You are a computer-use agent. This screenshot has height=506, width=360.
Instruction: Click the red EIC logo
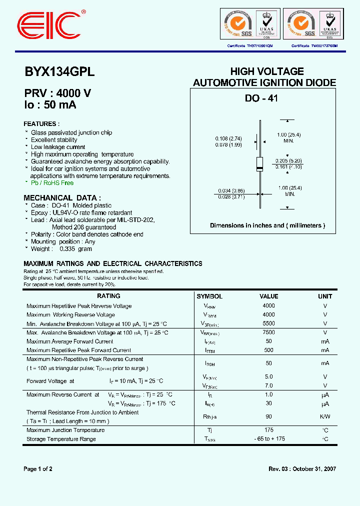pyautogui.click(x=49, y=23)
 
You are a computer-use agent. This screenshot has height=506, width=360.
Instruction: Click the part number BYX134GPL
pyautogui.click(x=59, y=72)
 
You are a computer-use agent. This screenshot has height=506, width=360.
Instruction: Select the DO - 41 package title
pyautogui.click(x=261, y=98)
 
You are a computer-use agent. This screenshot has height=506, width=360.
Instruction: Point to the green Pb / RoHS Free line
pyautogui.click(x=52, y=183)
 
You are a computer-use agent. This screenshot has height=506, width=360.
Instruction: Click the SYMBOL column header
pyautogui.click(x=209, y=296)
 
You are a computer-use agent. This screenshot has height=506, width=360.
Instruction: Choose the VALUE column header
pyautogui.click(x=268, y=296)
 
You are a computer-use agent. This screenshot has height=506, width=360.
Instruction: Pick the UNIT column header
pyautogui.click(x=325, y=296)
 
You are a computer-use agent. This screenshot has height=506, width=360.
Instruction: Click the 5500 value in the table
pyautogui.click(x=268, y=323)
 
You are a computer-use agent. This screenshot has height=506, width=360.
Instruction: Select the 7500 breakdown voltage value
pyautogui.click(x=268, y=332)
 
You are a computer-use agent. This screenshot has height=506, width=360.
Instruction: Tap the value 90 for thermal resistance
pyautogui.click(x=268, y=416)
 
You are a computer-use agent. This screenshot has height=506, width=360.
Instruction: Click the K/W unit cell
pyautogui.click(x=325, y=416)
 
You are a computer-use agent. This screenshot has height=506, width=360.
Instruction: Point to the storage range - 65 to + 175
pyautogui.click(x=268, y=439)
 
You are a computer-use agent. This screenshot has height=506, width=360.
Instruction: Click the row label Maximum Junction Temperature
pyautogui.click(x=65, y=430)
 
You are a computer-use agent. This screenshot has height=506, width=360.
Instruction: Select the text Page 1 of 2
pyautogui.click(x=38, y=469)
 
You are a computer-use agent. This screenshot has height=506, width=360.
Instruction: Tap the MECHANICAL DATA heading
pyautogui.click(x=62, y=197)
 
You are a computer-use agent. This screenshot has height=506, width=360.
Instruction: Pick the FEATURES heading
pyautogui.click(x=42, y=124)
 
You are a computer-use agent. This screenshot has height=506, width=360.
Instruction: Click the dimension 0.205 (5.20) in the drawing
pyautogui.click(x=288, y=160)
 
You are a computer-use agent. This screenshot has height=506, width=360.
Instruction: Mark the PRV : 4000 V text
pyautogui.click(x=57, y=93)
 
